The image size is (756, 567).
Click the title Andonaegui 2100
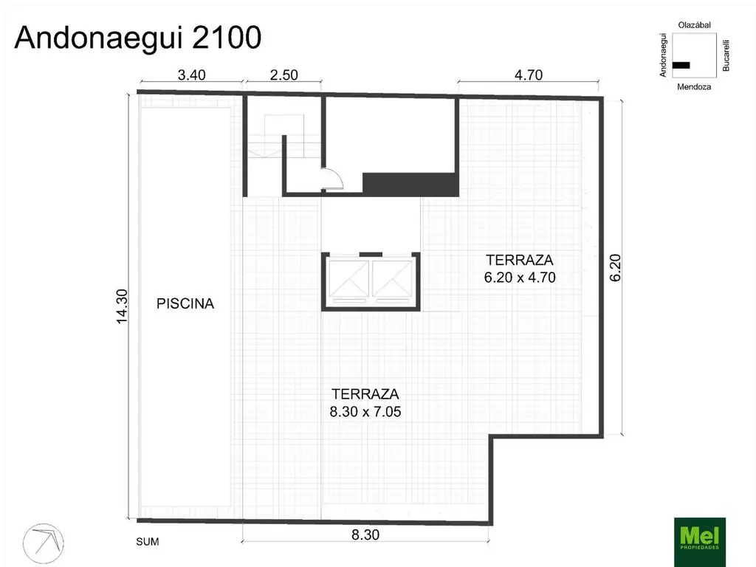coord(138,38)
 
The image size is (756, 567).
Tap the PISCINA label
coord(185,303)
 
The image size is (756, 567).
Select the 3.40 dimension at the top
coord(191,74)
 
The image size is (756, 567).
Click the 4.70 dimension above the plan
coord(528,74)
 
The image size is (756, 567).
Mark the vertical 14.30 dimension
coord(123,305)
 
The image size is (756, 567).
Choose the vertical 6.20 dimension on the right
coord(616,267)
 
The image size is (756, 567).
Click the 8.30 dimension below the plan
coord(365,535)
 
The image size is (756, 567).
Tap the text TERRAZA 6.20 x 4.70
coord(520,269)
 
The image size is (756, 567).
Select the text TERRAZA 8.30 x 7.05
coord(365,403)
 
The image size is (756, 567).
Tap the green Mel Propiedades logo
coord(700,541)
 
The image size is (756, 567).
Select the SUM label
coord(148,541)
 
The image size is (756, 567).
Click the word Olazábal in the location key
coord(694,25)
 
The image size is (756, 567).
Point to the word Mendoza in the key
coord(694,86)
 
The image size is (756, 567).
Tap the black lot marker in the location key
coord(681,65)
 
